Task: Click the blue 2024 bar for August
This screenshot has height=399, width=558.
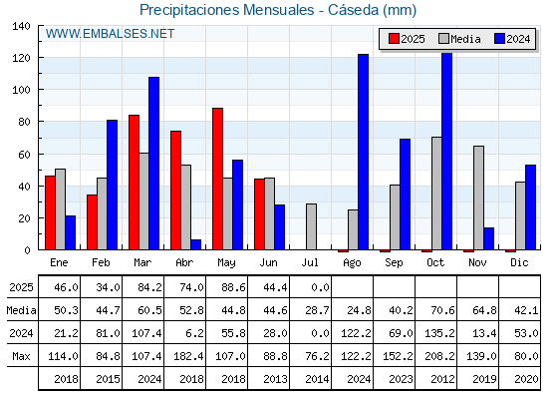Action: pyautogui.click(x=364, y=152)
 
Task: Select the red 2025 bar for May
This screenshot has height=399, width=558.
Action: pyautogui.click(x=218, y=179)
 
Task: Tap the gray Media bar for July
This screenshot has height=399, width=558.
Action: pyautogui.click(x=311, y=226)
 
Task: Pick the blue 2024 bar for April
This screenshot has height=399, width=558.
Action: pyautogui.click(x=195, y=244)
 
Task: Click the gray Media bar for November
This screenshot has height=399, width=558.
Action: pyautogui.click(x=478, y=198)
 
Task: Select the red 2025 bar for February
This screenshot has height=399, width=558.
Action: pyautogui.click(x=92, y=222)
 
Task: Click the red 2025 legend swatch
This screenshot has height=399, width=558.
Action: pyautogui.click(x=394, y=39)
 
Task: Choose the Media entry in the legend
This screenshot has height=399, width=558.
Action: pyautogui.click(x=460, y=39)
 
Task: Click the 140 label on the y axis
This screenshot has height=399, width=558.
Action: pyautogui.click(x=22, y=26)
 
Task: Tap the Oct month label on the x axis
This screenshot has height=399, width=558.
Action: pyautogui.click(x=435, y=263)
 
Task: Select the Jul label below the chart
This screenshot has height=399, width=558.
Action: pyautogui.click(x=310, y=263)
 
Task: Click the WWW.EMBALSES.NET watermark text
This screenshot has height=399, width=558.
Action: pyautogui.click(x=110, y=34)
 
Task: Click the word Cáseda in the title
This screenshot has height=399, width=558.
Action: pyautogui.click(x=353, y=10)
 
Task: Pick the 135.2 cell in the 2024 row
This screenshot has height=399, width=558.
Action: pyautogui.click(x=439, y=333)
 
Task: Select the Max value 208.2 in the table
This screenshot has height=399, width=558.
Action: pyautogui.click(x=439, y=356)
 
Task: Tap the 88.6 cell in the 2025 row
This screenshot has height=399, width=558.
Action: pyautogui.click(x=233, y=287)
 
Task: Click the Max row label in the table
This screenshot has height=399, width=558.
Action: pyautogui.click(x=21, y=356)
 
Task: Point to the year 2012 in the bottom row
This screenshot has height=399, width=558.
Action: pyautogui.click(x=442, y=379)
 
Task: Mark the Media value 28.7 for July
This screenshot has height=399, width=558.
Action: pyautogui.click(x=317, y=310)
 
